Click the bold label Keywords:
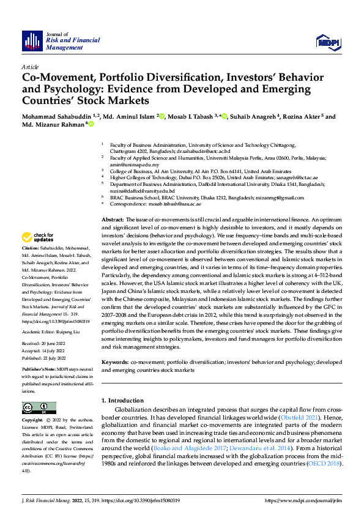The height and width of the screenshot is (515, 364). click(x=115, y=361)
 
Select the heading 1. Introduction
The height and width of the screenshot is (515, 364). click(x=123, y=400)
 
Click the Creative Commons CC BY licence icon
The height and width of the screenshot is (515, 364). click(x=36, y=408)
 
